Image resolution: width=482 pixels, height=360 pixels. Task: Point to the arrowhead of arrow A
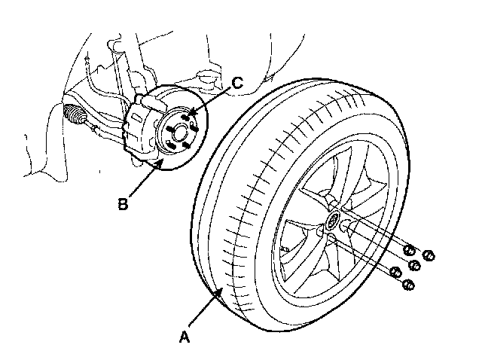tap(222, 287)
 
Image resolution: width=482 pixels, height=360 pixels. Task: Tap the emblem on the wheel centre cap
tap(332, 223)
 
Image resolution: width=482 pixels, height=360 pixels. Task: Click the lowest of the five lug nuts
tap(409, 285)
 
